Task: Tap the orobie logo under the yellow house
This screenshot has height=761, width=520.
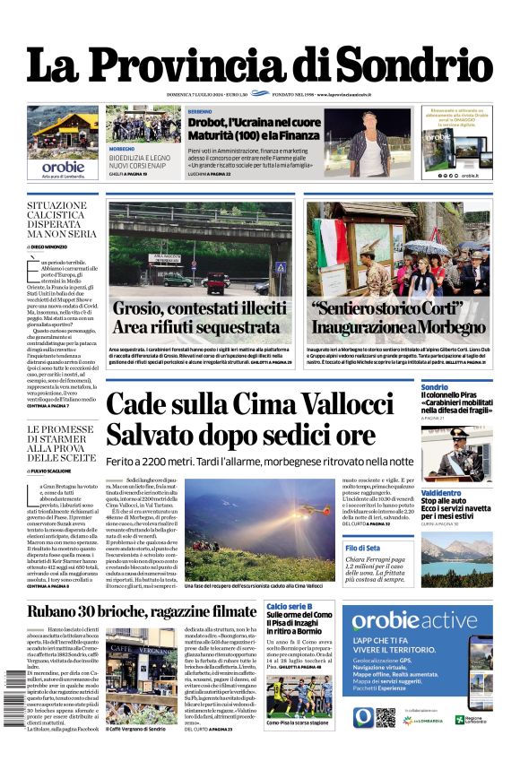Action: coord(63,167)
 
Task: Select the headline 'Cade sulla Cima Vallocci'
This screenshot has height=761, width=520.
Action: coord(249,406)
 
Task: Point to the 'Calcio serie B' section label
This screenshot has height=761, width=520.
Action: coord(288,607)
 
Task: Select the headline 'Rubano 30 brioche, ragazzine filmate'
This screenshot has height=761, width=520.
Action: coord(142,612)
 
